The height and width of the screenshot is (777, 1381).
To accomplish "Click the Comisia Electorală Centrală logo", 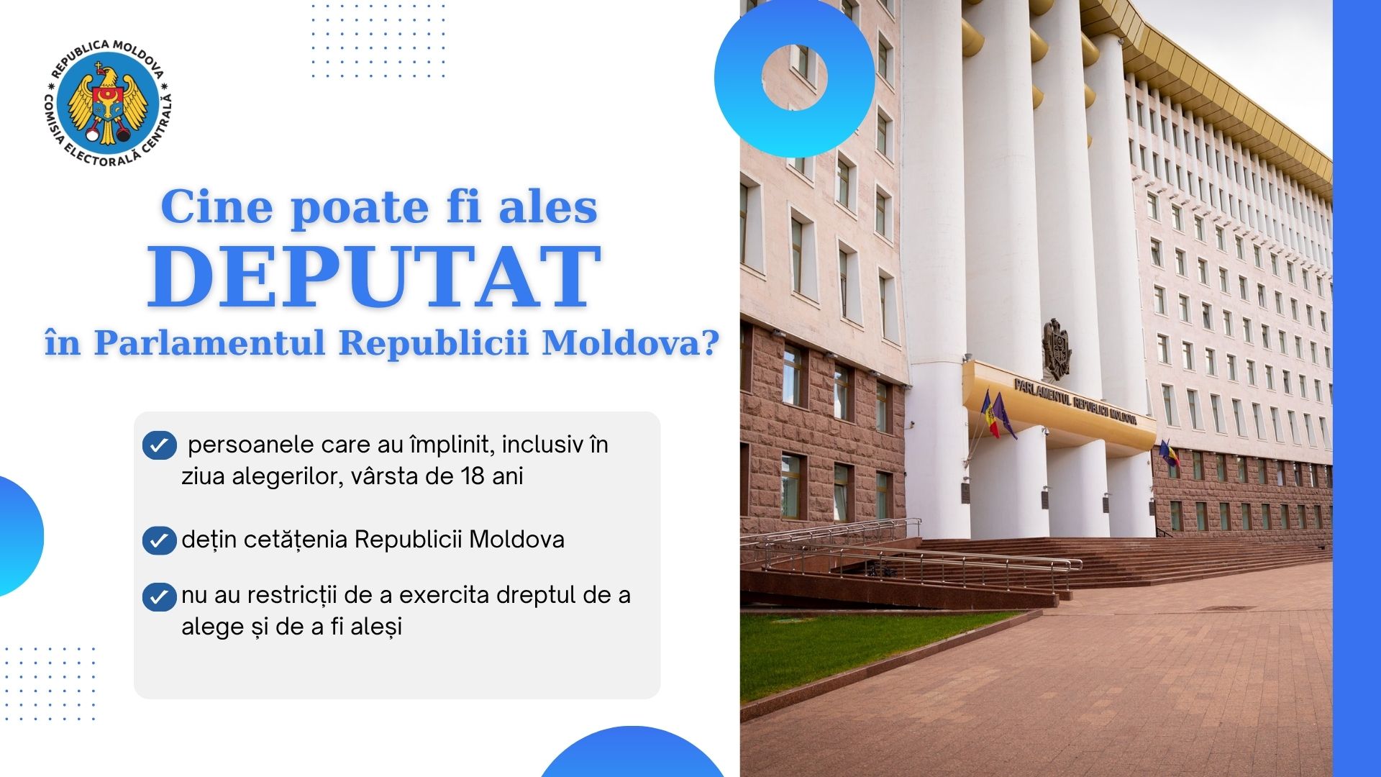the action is click(x=108, y=103).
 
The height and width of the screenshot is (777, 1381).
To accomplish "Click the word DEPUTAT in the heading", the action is click(x=374, y=277).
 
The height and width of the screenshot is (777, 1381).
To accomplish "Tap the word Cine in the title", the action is click(x=217, y=207).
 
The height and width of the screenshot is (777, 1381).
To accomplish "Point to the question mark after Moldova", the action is click(x=710, y=342).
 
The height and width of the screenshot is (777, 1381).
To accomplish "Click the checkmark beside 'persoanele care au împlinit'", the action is click(x=160, y=445).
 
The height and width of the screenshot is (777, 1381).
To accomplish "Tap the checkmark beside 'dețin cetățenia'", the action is click(x=160, y=540).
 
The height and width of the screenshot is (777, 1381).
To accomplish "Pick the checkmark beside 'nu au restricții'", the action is click(x=160, y=596).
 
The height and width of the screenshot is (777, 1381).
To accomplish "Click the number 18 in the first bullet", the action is click(x=472, y=476).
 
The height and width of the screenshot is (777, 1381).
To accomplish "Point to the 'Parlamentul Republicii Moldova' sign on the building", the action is click(x=1075, y=401).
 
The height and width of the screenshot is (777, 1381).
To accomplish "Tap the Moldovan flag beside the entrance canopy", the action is click(x=991, y=414).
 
